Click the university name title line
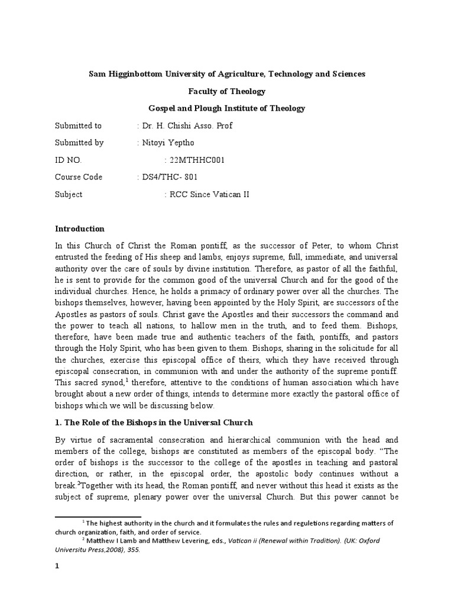(226, 74)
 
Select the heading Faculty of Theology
(226, 91)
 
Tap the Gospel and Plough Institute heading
(226, 108)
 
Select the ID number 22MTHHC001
(197, 160)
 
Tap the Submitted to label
(78, 125)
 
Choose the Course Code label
(79, 177)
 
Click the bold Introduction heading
(80, 228)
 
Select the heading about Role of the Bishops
(154, 423)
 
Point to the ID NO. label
(69, 160)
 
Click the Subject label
(69, 194)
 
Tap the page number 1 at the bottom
(57, 567)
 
